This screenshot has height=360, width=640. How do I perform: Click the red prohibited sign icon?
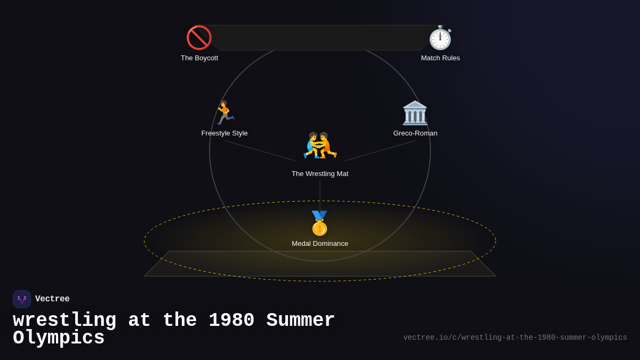click(199, 37)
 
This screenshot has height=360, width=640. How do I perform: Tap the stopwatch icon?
click(440, 37)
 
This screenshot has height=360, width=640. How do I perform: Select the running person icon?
click(225, 113)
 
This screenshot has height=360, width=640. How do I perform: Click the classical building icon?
click(415, 113)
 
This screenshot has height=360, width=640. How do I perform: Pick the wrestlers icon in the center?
click(320, 146)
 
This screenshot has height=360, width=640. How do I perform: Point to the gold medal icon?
click(319, 223)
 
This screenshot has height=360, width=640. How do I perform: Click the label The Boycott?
click(199, 58)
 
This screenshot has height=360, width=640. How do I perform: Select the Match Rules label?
click(441, 58)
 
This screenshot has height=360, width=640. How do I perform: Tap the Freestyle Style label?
click(225, 133)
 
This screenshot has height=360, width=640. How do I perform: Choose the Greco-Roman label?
click(415, 133)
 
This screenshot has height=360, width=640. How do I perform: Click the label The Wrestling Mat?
click(320, 174)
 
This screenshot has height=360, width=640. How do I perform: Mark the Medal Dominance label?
click(320, 244)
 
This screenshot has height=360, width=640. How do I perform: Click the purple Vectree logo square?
click(22, 299)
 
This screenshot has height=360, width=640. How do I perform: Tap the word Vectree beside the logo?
click(52, 299)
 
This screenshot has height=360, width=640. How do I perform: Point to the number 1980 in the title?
click(231, 321)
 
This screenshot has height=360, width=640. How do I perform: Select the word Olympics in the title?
click(59, 338)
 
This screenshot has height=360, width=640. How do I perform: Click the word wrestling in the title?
click(65, 321)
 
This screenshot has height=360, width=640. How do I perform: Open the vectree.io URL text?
click(515, 338)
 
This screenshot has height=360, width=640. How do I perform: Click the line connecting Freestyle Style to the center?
click(260, 150)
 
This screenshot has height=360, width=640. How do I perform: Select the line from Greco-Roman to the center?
click(380, 150)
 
